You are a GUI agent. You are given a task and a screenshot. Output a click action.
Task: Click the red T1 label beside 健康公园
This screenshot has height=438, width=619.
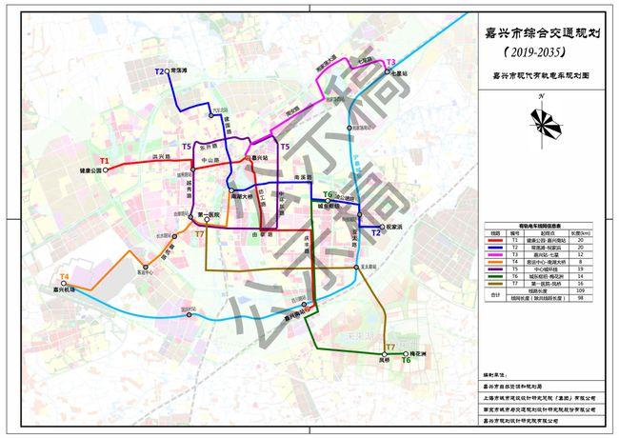point(105,159)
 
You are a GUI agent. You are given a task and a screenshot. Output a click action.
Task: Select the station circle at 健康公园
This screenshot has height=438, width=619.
point(106,169)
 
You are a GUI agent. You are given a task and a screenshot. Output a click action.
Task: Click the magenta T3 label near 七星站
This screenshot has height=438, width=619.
point(390,62)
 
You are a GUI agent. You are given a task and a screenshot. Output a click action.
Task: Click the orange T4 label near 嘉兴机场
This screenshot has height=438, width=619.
point(65,276)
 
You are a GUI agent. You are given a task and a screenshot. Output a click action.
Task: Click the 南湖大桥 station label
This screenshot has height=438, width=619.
point(243,197)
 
